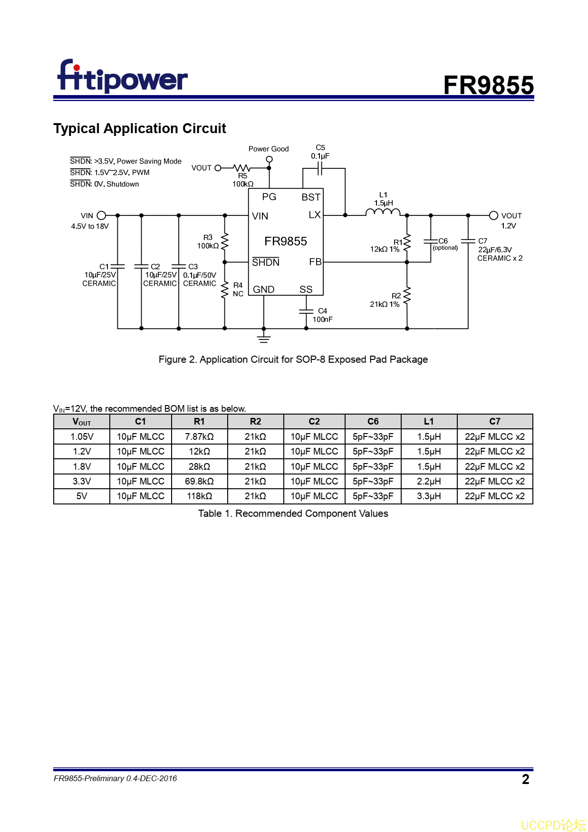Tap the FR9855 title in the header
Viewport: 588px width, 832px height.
[488, 86]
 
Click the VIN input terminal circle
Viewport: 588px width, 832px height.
[101, 215]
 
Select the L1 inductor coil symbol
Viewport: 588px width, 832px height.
[383, 213]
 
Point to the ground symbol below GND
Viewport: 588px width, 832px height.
[264, 338]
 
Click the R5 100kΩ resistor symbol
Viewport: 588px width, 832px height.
[242, 168]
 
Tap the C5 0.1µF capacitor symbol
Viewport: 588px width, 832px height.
[320, 168]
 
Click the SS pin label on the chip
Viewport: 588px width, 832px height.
[306, 289]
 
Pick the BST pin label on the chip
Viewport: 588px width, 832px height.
[311, 197]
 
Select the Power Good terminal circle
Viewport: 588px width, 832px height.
[269, 159]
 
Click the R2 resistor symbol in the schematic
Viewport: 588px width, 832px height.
[407, 296]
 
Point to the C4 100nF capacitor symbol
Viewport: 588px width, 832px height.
[306, 311]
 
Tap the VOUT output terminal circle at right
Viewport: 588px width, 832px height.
[493, 215]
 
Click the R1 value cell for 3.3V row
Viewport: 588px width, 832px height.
[199, 481]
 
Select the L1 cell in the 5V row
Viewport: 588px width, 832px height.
[429, 496]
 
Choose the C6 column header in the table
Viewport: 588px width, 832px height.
[373, 421]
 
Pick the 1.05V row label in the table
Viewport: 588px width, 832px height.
[82, 436]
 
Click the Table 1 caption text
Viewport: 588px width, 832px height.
[293, 513]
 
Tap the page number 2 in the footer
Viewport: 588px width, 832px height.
[525, 779]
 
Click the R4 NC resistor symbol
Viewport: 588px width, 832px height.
[225, 290]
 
